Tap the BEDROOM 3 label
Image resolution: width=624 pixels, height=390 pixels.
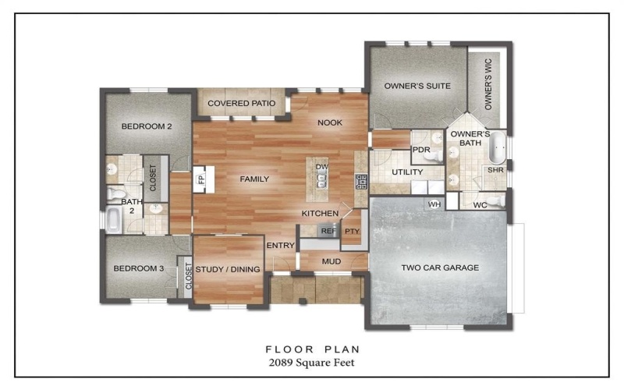[138, 269]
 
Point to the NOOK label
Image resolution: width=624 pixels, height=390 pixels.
[328, 122]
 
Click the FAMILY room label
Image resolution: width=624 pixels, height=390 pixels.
[254, 179]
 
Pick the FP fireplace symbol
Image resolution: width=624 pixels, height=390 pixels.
[200, 179]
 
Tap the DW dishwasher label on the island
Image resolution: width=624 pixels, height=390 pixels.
[321, 168]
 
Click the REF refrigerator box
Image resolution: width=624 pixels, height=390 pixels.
[328, 231]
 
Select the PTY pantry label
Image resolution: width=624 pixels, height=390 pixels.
[352, 231]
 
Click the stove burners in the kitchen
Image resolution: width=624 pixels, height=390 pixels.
[361, 182]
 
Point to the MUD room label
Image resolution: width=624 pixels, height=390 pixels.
[331, 261]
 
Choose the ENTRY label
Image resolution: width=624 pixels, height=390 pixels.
[279, 246]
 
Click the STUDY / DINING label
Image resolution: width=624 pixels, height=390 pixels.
[228, 269]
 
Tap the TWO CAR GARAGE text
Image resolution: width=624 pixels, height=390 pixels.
[440, 268]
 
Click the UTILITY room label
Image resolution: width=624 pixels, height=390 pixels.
[406, 172]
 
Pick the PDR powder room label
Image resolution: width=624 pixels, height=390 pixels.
[421, 150]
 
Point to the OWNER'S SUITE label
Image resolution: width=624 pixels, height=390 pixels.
[417, 86]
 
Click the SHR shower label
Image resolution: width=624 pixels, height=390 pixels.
[495, 169]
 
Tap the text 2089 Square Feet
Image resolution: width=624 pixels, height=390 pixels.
[311, 363]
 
